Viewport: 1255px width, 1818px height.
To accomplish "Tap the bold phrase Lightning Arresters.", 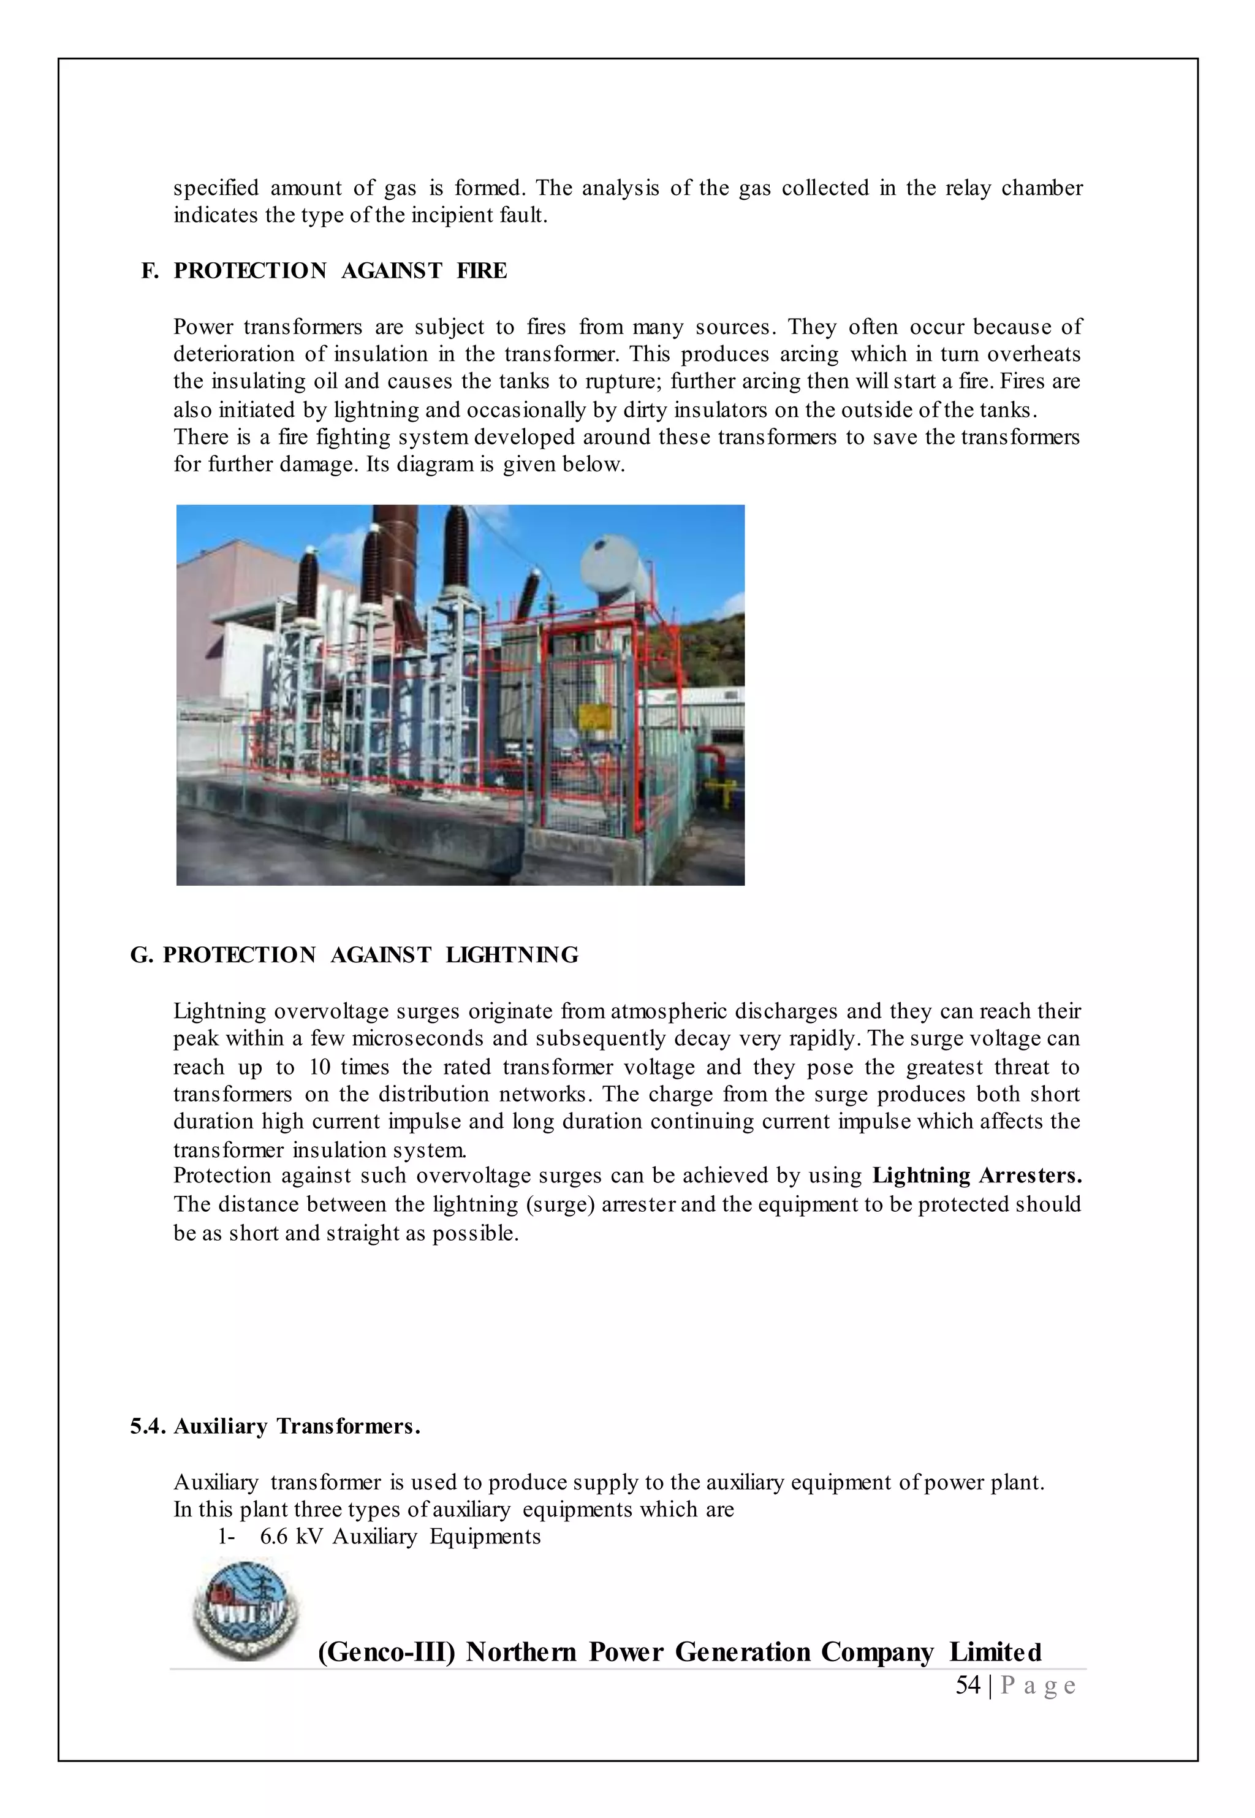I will (x=977, y=1176).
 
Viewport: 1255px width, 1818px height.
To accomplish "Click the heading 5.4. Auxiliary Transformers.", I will (x=275, y=1426).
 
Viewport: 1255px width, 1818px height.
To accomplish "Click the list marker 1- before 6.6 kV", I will (x=227, y=1537).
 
